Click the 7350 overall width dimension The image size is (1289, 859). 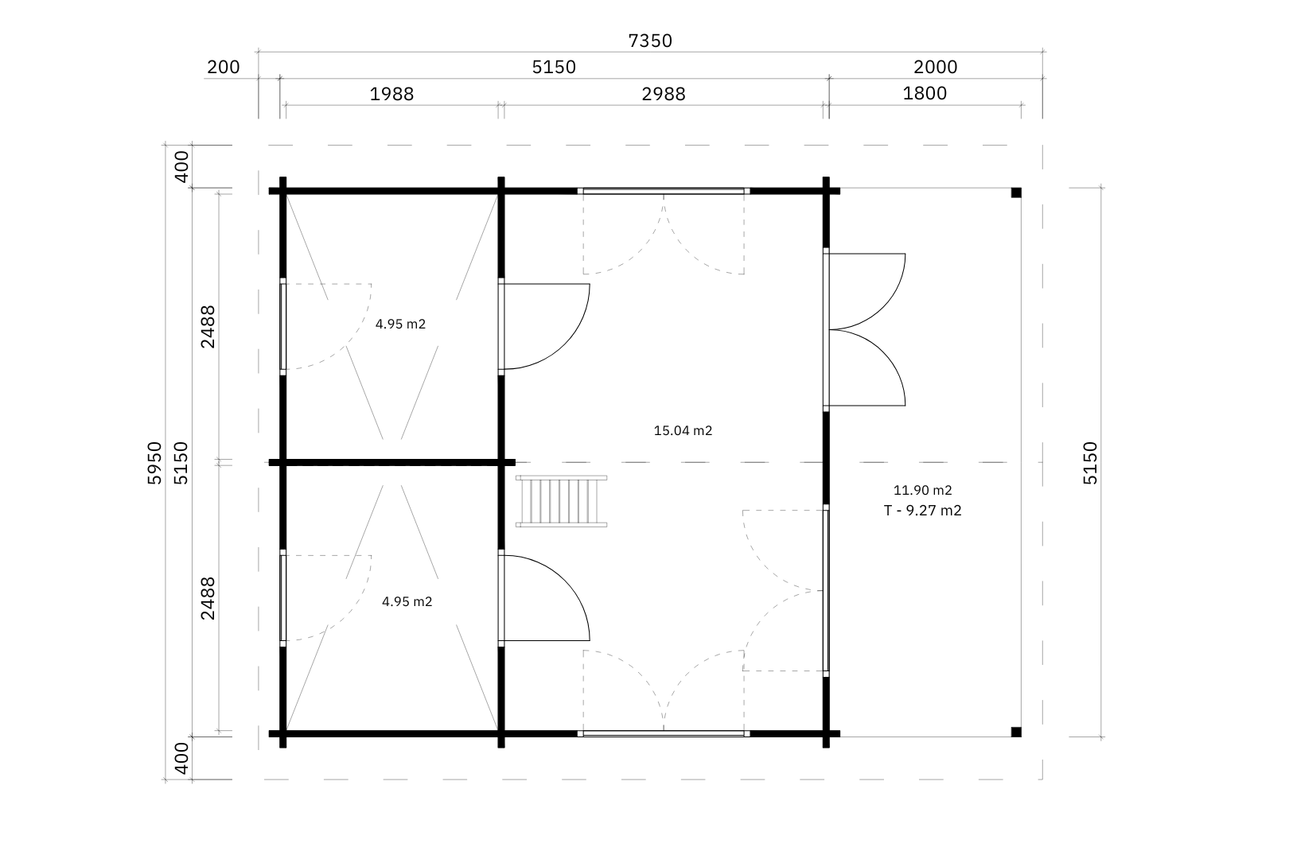[x=650, y=41]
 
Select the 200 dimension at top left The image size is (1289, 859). [x=223, y=68]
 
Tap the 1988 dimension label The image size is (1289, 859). [x=391, y=94]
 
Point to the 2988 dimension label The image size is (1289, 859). [x=663, y=94]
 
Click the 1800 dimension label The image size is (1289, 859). [x=925, y=94]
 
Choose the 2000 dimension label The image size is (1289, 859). [x=936, y=68]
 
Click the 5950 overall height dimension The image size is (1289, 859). [x=155, y=463]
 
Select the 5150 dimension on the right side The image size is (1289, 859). [x=1090, y=463]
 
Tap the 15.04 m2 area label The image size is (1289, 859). [x=682, y=431]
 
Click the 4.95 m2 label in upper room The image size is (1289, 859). [x=400, y=325]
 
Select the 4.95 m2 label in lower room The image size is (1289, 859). [x=407, y=602]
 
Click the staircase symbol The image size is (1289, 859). [x=562, y=500]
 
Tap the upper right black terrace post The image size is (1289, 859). [x=1016, y=192]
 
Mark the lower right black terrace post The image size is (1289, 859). [x=1016, y=732]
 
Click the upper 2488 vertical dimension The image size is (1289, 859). [x=207, y=326]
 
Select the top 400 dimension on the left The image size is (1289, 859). [x=181, y=166]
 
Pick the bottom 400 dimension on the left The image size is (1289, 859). [x=181, y=758]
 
